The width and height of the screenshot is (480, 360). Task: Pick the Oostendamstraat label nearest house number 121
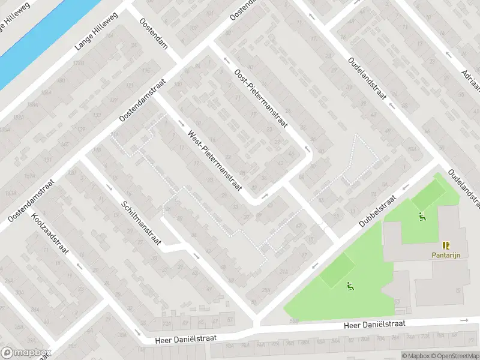[143, 98]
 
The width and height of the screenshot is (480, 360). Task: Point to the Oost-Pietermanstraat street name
[261, 98]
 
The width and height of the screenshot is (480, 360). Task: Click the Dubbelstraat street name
[379, 209]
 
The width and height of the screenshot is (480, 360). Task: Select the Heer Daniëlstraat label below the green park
[374, 324]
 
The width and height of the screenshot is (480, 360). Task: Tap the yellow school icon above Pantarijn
[446, 245]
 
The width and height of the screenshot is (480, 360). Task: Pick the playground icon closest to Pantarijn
[422, 217]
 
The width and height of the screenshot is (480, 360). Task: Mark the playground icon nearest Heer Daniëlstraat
[349, 286]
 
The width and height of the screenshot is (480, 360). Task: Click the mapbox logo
[26, 353]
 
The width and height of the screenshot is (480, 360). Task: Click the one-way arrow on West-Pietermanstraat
[182, 124]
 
